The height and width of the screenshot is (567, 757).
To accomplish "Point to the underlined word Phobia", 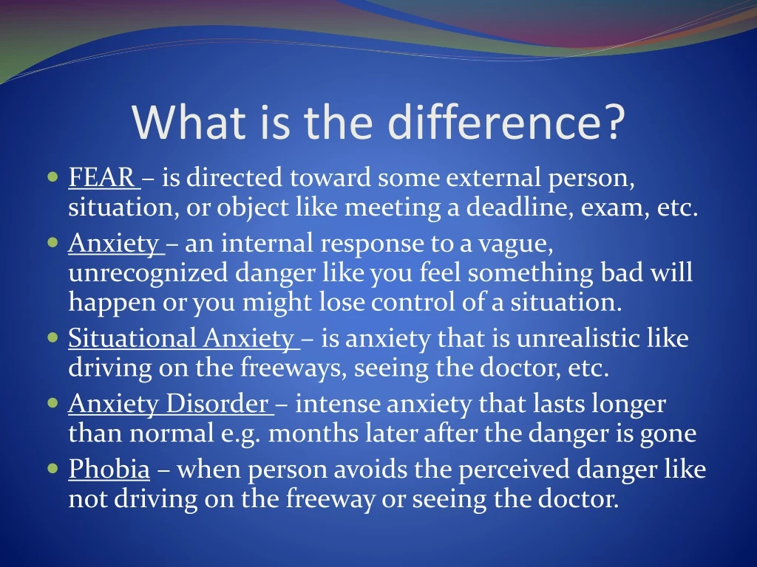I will [x=109, y=469].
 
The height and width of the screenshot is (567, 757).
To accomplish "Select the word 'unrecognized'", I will [x=148, y=273].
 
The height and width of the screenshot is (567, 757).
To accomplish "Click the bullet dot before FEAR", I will [x=52, y=178].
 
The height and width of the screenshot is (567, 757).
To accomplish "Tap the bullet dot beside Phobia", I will [x=52, y=469].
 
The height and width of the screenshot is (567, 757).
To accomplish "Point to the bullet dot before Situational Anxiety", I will [x=52, y=339].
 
